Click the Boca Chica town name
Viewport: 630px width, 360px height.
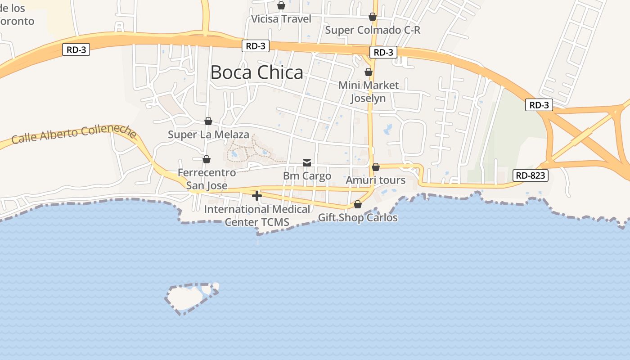[x=256, y=72]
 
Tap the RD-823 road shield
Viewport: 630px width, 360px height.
[x=531, y=175]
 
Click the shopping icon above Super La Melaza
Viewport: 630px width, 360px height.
[x=208, y=121]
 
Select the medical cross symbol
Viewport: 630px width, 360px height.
[x=257, y=196]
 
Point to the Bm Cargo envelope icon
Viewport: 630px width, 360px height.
[x=307, y=162]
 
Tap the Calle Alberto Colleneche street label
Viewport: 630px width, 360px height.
[x=74, y=134]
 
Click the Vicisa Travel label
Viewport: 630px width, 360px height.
[x=281, y=19]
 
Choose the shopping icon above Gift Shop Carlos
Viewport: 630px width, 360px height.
[x=358, y=204]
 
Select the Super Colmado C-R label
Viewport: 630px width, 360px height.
[x=373, y=30]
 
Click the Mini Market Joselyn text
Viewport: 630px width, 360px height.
[x=368, y=91]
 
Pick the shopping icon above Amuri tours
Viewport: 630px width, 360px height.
[x=376, y=167]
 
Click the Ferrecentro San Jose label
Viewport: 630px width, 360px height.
[x=207, y=179]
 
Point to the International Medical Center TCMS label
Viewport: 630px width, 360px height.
[x=257, y=216]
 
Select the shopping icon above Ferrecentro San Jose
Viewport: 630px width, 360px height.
[x=207, y=159]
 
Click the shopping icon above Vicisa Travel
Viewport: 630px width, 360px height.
[x=281, y=5]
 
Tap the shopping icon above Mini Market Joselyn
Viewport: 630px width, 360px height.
[x=369, y=72]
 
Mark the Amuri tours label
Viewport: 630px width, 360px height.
[x=375, y=180]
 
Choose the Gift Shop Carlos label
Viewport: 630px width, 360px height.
[x=358, y=218]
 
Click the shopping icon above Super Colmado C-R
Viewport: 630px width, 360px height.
[x=373, y=17]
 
